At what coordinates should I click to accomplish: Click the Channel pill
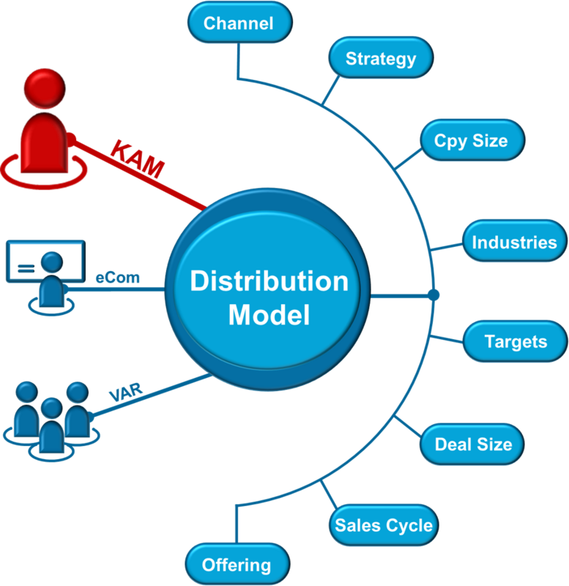(x=239, y=23)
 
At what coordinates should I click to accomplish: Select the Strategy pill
(x=380, y=59)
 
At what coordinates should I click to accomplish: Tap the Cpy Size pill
(x=472, y=140)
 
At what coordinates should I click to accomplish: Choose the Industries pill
(x=514, y=242)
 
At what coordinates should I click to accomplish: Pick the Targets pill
(x=516, y=341)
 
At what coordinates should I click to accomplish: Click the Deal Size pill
(x=472, y=444)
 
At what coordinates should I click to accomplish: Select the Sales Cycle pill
(x=384, y=525)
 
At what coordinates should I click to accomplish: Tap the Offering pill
(x=237, y=565)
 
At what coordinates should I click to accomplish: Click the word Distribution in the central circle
(x=269, y=281)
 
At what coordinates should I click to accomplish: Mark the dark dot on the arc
(x=434, y=295)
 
